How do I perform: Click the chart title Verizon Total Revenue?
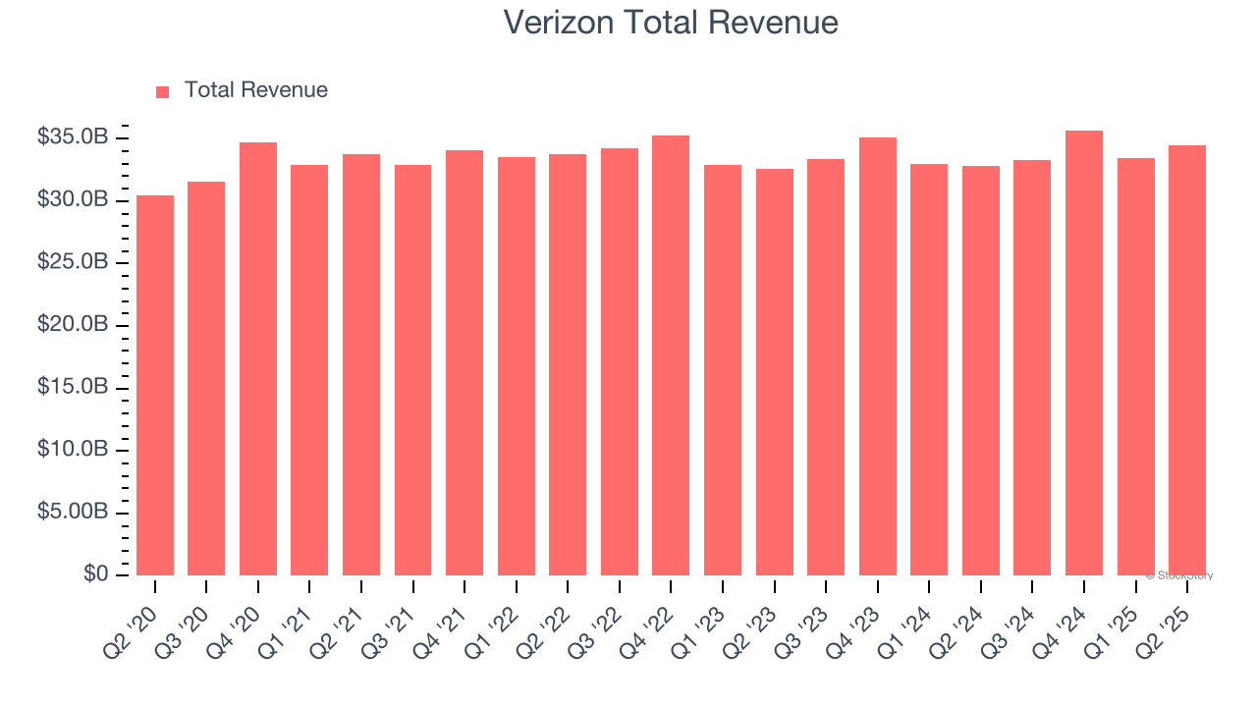[x=671, y=23]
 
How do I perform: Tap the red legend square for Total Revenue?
[x=163, y=91]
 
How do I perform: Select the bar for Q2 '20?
[x=155, y=385]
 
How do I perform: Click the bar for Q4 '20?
[x=258, y=358]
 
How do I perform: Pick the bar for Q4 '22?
[x=671, y=355]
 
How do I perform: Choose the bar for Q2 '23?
[x=774, y=372]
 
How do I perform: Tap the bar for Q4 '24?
[x=1084, y=353]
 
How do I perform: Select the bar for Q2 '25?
[x=1187, y=360]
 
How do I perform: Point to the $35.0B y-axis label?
[x=72, y=137]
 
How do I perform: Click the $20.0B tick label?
[x=72, y=325]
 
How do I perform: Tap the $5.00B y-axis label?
[x=72, y=513]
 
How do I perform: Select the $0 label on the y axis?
[x=94, y=573]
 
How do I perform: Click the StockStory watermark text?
[x=1179, y=575]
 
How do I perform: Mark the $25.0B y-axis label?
[x=72, y=262]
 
